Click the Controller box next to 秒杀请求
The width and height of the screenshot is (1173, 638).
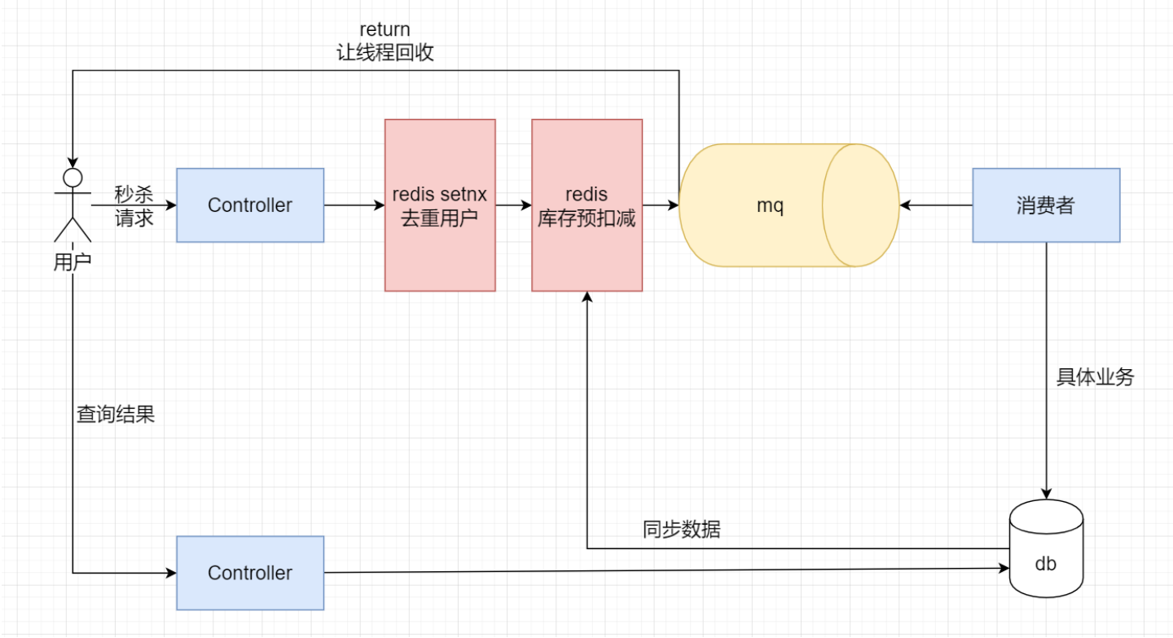250,205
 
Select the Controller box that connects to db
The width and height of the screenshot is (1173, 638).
250,573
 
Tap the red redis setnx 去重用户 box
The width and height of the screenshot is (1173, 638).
440,205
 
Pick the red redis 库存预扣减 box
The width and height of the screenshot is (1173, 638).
586,205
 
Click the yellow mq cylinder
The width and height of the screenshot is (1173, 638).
770,205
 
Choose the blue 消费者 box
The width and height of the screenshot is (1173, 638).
1046,205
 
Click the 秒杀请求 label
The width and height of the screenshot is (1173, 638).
134,206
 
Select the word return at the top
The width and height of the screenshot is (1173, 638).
384,30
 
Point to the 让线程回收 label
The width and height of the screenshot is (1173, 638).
384,53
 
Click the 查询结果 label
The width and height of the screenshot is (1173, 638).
115,414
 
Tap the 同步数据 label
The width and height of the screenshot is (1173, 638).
681,530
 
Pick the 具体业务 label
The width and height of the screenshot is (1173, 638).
1095,377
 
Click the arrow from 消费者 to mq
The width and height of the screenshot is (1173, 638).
936,205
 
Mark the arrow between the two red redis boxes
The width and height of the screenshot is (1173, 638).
513,205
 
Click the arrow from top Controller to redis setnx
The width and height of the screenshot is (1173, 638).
354,205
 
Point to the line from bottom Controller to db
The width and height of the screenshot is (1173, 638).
652,570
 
